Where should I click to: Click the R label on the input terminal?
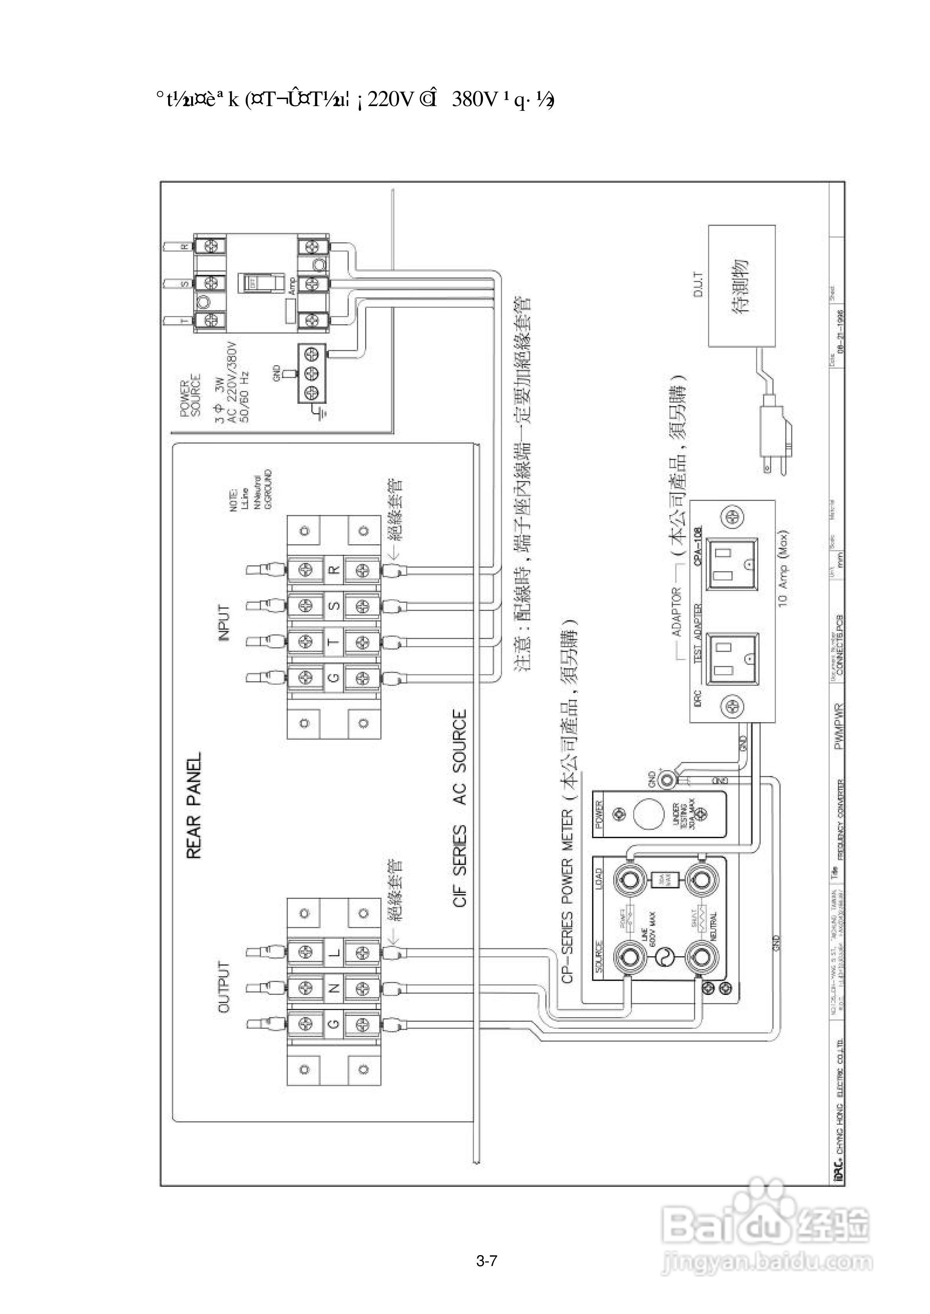coord(335,569)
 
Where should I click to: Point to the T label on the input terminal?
coord(335,641)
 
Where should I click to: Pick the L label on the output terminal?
coord(335,953)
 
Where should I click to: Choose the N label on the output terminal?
coord(335,987)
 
